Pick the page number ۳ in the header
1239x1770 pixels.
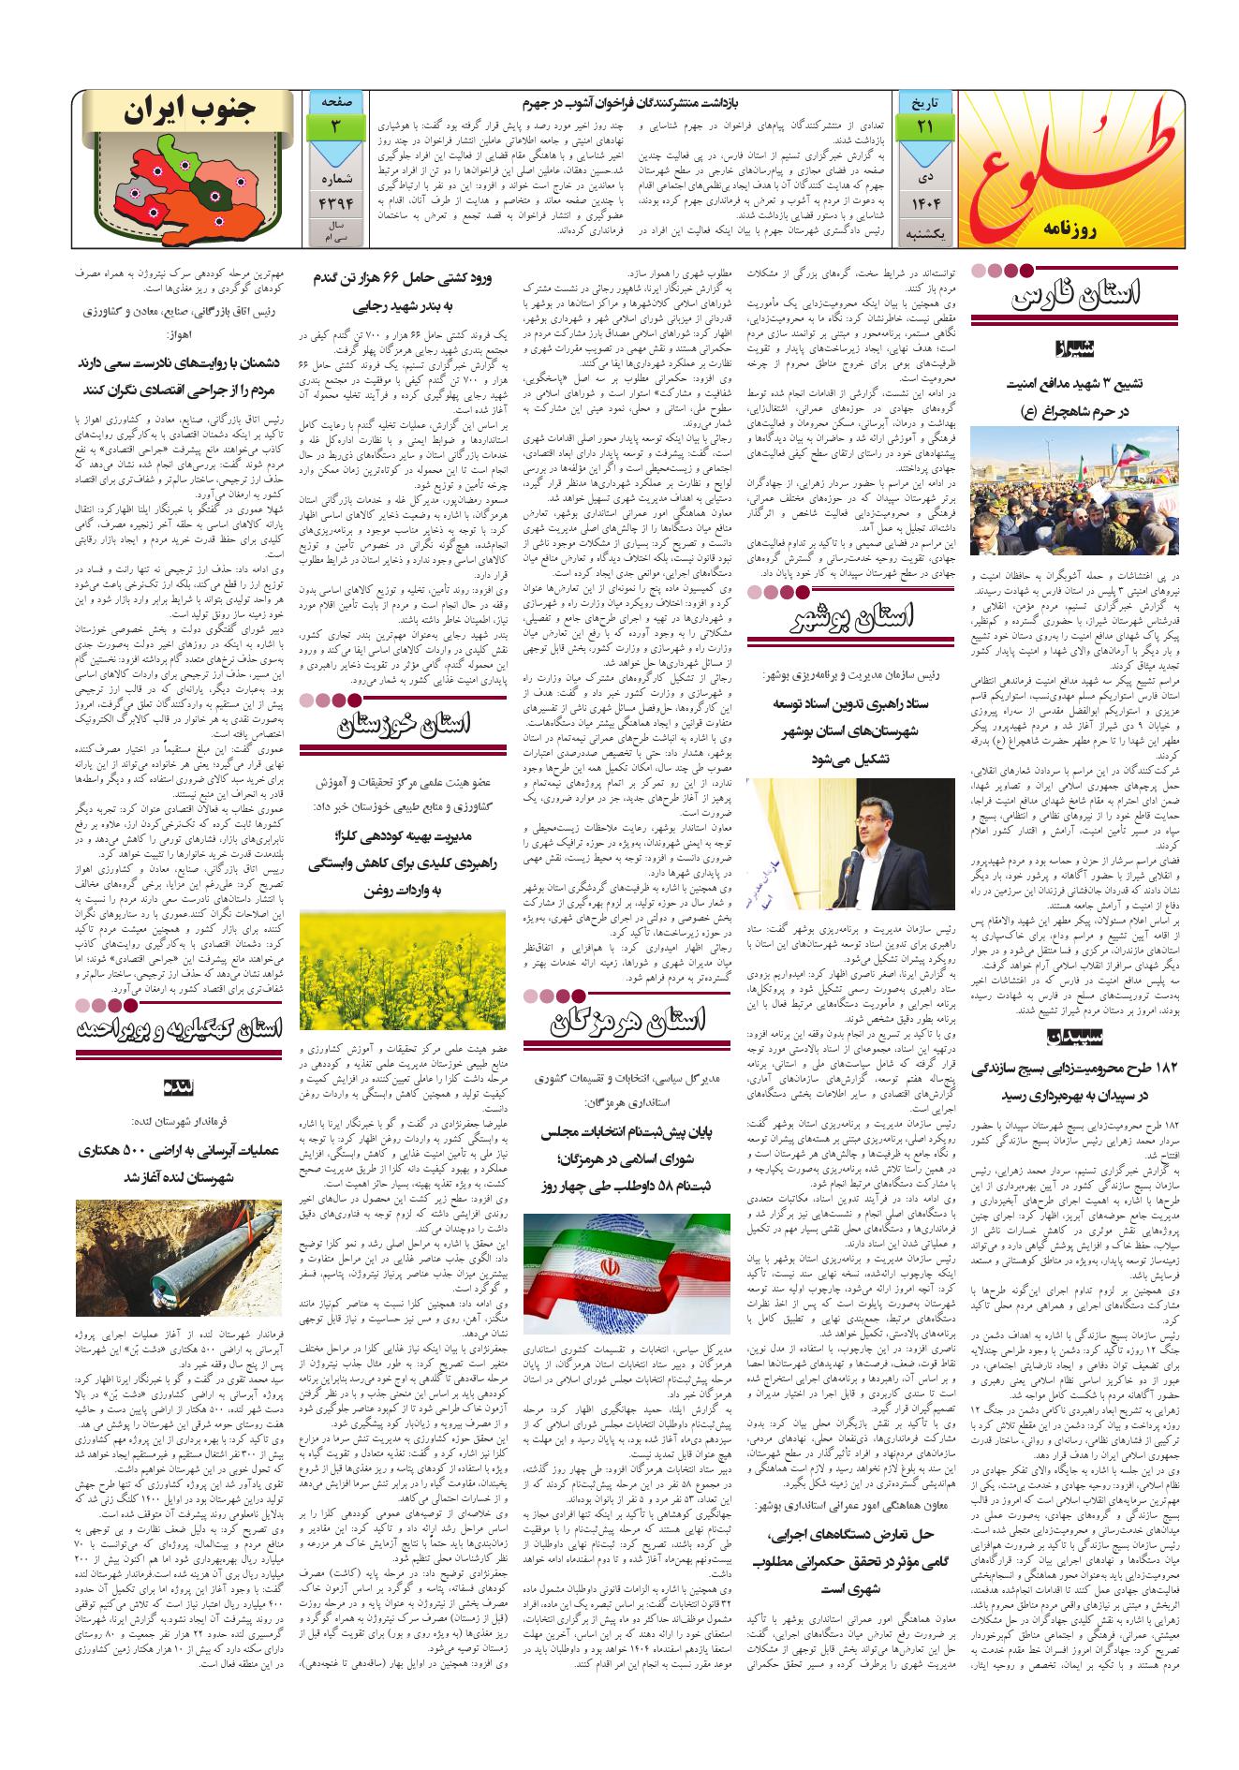(334, 125)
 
